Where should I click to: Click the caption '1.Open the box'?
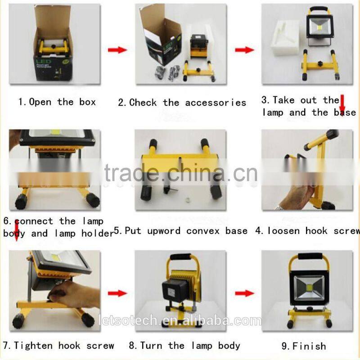[x=57, y=102]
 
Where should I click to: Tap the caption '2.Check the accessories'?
[x=182, y=103]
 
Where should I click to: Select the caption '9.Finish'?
[x=303, y=346]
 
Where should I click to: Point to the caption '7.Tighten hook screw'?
[x=58, y=346]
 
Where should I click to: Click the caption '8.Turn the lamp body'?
[x=184, y=346]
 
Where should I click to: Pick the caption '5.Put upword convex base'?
[x=181, y=231]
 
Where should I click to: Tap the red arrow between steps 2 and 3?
[x=244, y=49]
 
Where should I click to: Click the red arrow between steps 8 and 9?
[x=244, y=293]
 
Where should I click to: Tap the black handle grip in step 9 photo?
[x=307, y=257]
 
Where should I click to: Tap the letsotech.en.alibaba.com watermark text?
[x=180, y=321]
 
